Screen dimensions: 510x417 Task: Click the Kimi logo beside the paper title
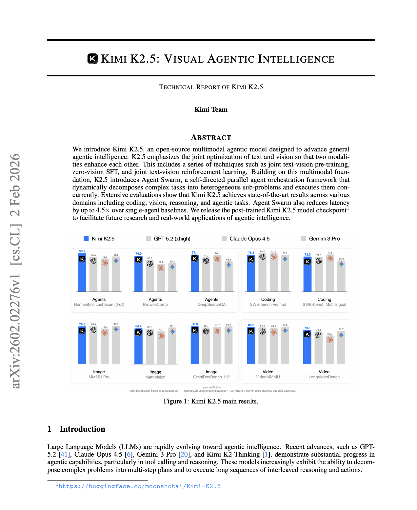93,59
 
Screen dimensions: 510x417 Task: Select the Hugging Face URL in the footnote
139,486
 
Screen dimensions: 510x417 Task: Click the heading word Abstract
211,137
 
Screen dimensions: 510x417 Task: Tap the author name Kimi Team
211,109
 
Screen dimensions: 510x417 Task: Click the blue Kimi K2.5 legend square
86,239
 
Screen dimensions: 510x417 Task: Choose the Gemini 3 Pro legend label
324,239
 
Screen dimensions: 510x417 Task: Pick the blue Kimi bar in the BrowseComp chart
138,275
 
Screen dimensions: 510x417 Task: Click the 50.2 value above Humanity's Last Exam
82,251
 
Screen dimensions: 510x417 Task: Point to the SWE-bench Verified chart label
268,304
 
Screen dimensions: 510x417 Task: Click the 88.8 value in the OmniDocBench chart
195,324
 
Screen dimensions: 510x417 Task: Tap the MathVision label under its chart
155,377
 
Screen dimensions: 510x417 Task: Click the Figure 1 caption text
211,401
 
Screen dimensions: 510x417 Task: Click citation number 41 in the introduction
64,454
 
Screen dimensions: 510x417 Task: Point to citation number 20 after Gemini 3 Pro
184,454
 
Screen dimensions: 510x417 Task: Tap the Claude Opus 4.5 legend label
249,239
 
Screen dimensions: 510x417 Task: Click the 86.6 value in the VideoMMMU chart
251,325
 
